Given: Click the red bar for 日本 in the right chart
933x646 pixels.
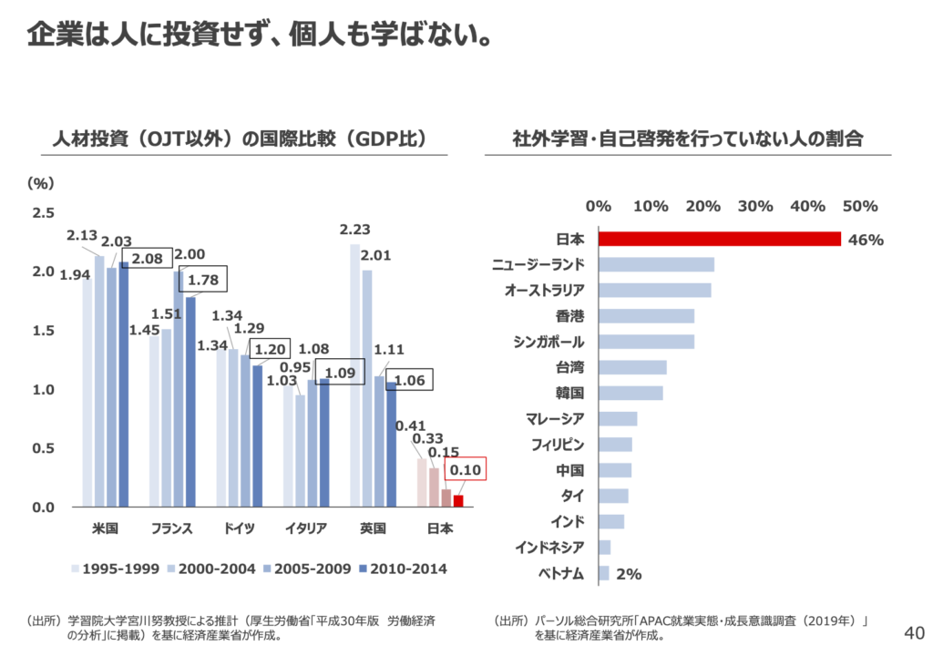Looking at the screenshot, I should click(719, 239).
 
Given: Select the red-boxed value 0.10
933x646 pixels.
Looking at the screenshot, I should click(466, 469).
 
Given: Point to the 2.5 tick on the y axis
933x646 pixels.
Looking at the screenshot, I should click(44, 213).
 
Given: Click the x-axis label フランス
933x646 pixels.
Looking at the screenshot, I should click(171, 528).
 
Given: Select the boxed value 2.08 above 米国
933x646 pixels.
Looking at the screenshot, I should click(146, 260).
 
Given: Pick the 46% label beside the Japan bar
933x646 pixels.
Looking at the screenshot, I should click(866, 240).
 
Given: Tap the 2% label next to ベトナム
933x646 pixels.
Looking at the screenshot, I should click(629, 574).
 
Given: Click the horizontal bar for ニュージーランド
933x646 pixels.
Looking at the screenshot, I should click(656, 265).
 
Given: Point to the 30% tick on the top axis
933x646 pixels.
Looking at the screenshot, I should click(755, 206).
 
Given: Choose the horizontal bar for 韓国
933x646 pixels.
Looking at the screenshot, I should click(631, 394).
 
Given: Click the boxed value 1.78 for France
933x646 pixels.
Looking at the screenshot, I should click(202, 280).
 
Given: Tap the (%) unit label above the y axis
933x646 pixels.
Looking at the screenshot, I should click(39, 183).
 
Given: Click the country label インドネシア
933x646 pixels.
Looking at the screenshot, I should click(549, 548).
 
